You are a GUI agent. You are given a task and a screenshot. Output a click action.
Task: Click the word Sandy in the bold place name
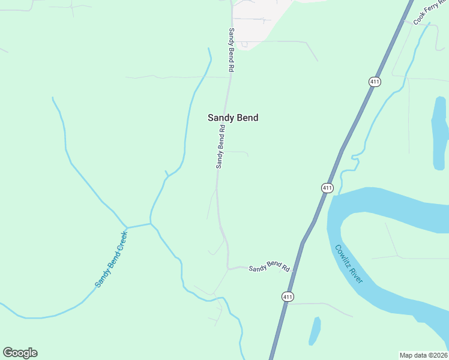[x=220, y=118]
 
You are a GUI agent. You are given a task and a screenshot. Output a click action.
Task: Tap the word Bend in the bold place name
[x=247, y=118]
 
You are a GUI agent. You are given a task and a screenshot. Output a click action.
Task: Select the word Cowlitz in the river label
[x=342, y=257]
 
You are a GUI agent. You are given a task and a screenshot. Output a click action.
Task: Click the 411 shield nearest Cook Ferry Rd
[x=375, y=82]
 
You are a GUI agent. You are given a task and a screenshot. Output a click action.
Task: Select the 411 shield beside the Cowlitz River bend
[x=327, y=188]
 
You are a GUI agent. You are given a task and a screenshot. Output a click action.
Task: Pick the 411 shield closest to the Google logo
[x=288, y=296]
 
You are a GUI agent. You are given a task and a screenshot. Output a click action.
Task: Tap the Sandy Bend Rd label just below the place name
[x=220, y=146]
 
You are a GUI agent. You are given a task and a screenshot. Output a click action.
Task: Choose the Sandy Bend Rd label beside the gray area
[x=231, y=50]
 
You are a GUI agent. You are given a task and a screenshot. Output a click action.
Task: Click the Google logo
[x=20, y=353]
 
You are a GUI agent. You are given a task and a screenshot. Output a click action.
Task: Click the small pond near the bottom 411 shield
[x=315, y=331]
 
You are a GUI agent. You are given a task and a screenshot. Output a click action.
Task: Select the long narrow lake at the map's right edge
[x=439, y=132]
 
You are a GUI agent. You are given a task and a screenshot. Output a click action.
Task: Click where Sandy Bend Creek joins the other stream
[x=150, y=224]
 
